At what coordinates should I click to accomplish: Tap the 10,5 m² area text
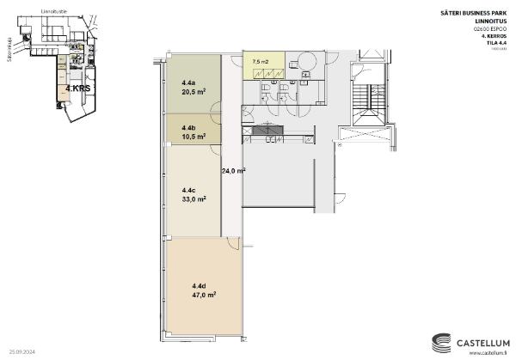click(x=193, y=136)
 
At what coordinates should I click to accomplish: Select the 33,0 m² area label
click(x=193, y=198)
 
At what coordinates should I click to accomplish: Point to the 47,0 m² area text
click(x=203, y=294)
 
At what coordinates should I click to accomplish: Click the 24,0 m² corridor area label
click(x=233, y=171)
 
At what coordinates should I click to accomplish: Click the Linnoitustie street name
click(x=55, y=13)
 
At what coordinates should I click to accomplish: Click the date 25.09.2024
click(x=21, y=351)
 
